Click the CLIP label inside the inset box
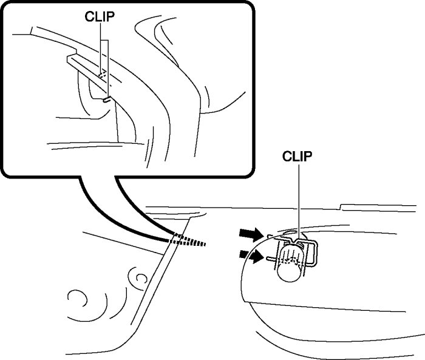pyautogui.click(x=100, y=17)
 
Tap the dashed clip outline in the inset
pyautogui.click(x=103, y=75)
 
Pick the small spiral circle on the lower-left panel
pyautogui.click(x=138, y=279)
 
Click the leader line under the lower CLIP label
pyautogui.click(x=298, y=200)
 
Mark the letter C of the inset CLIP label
pyautogui.click(x=88, y=17)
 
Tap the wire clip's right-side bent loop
pyautogui.click(x=314, y=254)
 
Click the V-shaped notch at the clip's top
pyautogui.click(x=297, y=240)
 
